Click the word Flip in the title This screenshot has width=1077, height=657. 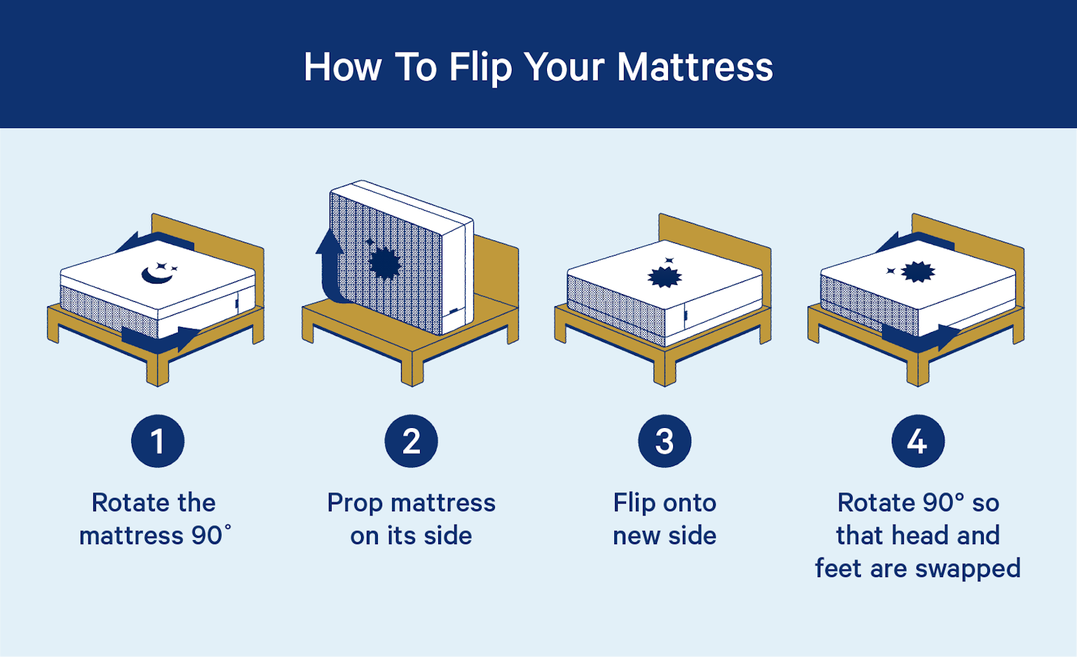coord(479,68)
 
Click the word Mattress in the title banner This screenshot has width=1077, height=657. coord(694,68)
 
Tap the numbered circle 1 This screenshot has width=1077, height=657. coord(158,441)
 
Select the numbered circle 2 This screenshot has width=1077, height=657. coord(411,441)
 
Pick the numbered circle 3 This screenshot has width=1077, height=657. coord(664,441)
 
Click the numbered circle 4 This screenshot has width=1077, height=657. coord(918,441)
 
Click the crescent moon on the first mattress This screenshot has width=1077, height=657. coord(156,275)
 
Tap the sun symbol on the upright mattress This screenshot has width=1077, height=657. coord(384,264)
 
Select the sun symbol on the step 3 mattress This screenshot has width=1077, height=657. coord(664,276)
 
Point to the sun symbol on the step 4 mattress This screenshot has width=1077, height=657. coord(918,271)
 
